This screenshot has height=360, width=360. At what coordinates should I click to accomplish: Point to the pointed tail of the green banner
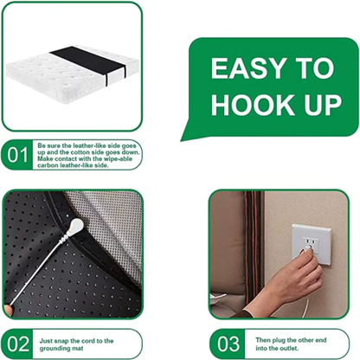pos(185,137)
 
